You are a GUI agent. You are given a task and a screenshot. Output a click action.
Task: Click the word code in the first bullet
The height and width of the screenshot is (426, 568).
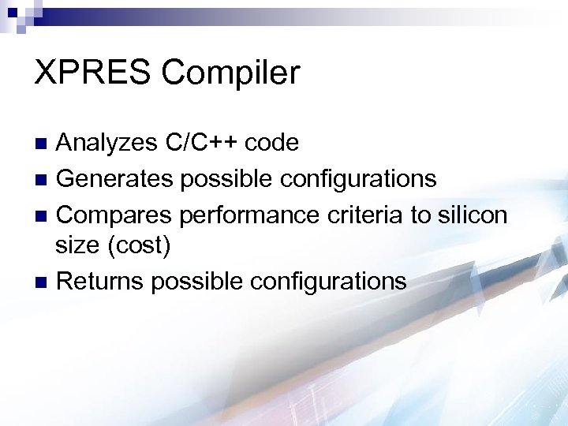pos(271,143)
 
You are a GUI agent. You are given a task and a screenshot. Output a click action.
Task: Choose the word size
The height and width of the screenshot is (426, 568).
pos(77,247)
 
